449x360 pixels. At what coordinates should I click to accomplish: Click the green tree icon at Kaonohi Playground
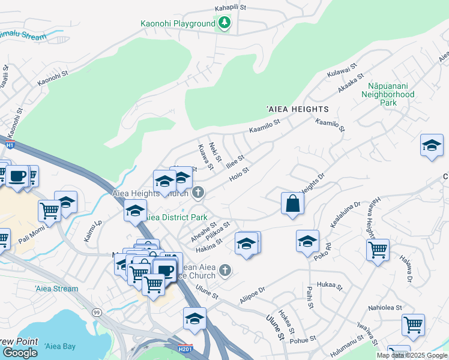tap(224, 23)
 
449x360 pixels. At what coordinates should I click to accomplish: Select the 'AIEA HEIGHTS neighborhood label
tap(298, 109)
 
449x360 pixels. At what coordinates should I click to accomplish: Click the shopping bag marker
tap(292, 203)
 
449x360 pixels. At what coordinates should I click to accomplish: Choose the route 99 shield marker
tap(96, 312)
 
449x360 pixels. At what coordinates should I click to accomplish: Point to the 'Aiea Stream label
tap(56, 289)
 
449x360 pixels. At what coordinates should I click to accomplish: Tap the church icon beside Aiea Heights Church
tap(199, 193)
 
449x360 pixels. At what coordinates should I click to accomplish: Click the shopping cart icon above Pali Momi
tap(49, 211)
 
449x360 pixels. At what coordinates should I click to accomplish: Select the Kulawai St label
tap(342, 70)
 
